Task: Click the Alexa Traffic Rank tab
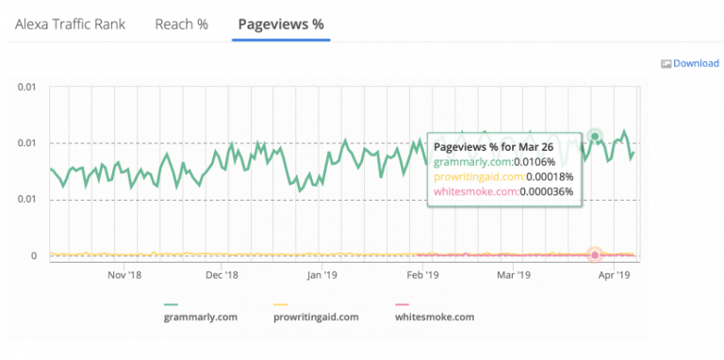[x=71, y=25]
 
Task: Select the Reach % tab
[x=181, y=25]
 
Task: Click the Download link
[x=696, y=63]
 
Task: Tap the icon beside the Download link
[x=666, y=64]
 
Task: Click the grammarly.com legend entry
[x=200, y=317]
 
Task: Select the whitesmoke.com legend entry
[x=436, y=317]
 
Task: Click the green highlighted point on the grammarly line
[x=595, y=137]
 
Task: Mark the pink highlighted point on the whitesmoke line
[x=595, y=254]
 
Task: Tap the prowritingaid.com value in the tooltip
[x=552, y=176]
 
